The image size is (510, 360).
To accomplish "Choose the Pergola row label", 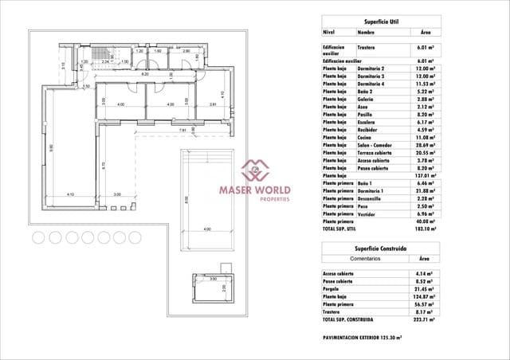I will click(x=335, y=288).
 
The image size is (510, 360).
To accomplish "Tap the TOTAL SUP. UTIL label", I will click(x=344, y=229).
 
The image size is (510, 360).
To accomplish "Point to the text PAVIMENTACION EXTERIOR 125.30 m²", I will click(x=361, y=338).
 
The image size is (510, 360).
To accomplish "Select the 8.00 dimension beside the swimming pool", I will click(x=186, y=199).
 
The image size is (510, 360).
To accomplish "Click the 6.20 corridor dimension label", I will click(x=145, y=74).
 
